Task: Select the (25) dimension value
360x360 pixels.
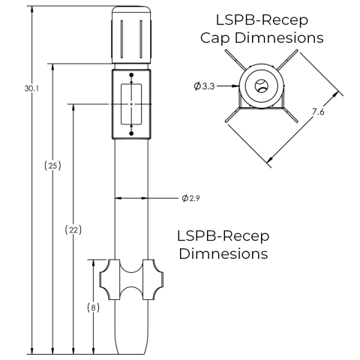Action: tap(53, 166)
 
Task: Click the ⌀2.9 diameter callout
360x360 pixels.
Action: tap(190, 199)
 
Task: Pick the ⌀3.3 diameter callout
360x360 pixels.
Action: tap(203, 87)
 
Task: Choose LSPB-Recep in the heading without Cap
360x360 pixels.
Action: tap(223, 235)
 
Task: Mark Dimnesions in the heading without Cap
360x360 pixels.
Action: tap(223, 254)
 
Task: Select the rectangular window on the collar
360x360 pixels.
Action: tap(131, 103)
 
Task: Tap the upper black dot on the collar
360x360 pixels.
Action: tap(131, 75)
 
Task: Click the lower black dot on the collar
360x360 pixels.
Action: tap(131, 133)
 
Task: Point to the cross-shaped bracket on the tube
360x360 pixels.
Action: tap(131, 285)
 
